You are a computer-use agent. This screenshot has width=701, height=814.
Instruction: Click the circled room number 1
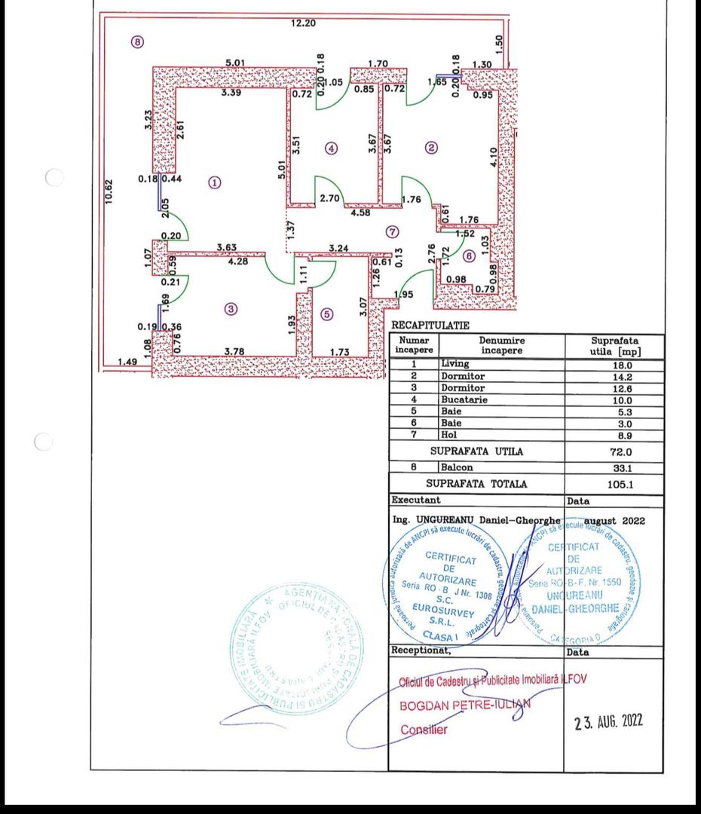[215, 182]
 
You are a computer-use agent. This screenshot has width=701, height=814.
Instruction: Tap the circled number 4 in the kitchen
[332, 148]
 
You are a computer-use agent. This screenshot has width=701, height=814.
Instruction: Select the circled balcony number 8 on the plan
[136, 42]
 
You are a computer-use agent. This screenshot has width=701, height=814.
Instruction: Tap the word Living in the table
[455, 363]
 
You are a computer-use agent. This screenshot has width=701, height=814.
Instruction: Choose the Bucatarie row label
[463, 399]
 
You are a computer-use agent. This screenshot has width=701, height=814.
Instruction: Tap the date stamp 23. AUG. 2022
[608, 721]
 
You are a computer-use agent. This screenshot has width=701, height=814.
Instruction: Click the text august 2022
[613, 521]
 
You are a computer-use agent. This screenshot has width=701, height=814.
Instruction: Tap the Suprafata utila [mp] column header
[614, 346]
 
